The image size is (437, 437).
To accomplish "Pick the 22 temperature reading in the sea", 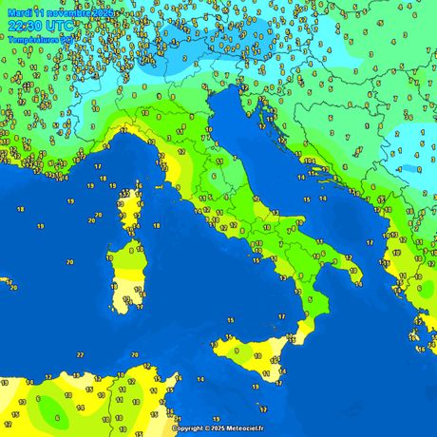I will (x=80, y=354).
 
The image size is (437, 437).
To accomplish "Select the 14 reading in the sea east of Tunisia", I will (x=199, y=380).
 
